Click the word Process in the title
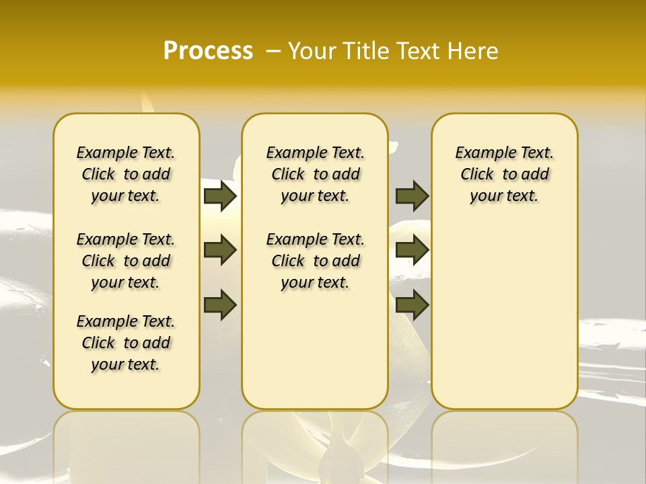pos(208,51)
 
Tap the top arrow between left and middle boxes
pos(220,196)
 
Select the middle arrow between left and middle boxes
pos(220,250)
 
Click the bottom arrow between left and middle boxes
pos(220,305)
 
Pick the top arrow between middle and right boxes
pos(412,196)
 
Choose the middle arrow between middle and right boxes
pos(412,250)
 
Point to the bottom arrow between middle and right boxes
pos(412,305)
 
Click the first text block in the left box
pos(126,174)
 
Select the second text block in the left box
pos(126,261)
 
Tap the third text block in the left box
pos(126,343)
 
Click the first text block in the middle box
pos(315,174)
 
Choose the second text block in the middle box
pos(315,261)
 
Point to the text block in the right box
pos(504,174)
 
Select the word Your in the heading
pos(311,51)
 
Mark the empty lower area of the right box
pos(504,309)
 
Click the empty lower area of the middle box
pos(315,350)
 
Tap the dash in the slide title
pos(273,51)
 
